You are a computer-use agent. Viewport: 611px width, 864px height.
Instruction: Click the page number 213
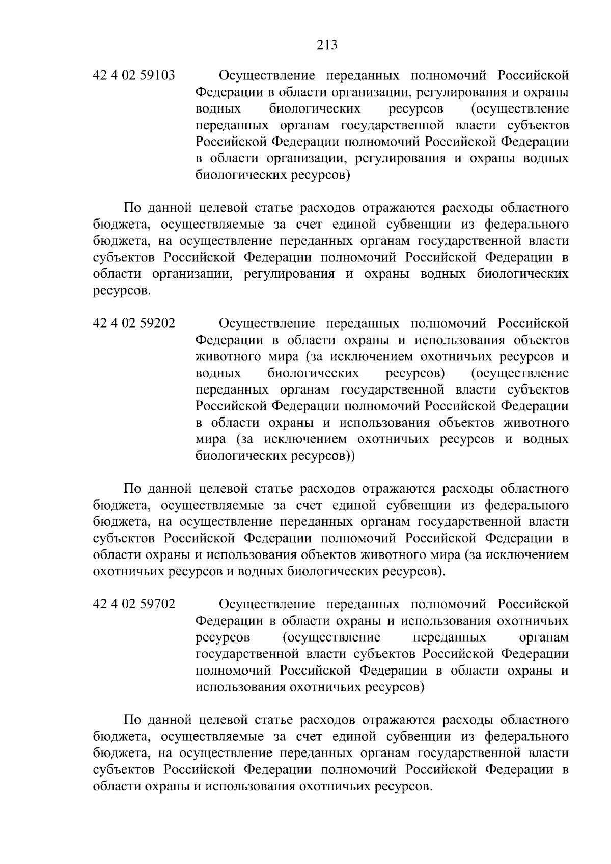(x=327, y=46)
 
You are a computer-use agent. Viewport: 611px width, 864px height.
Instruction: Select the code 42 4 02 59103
(x=134, y=76)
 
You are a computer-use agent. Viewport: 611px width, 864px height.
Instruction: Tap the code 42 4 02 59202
(x=134, y=324)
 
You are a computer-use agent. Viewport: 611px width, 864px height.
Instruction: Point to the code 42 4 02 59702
(x=134, y=604)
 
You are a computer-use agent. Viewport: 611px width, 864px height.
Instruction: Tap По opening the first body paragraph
(x=133, y=208)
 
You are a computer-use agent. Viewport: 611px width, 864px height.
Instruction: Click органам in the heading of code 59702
(x=543, y=637)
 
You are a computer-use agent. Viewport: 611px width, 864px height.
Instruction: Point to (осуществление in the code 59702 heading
(x=331, y=637)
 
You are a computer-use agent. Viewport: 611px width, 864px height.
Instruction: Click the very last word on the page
(x=403, y=787)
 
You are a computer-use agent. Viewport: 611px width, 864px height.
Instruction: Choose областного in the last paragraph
(x=534, y=720)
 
